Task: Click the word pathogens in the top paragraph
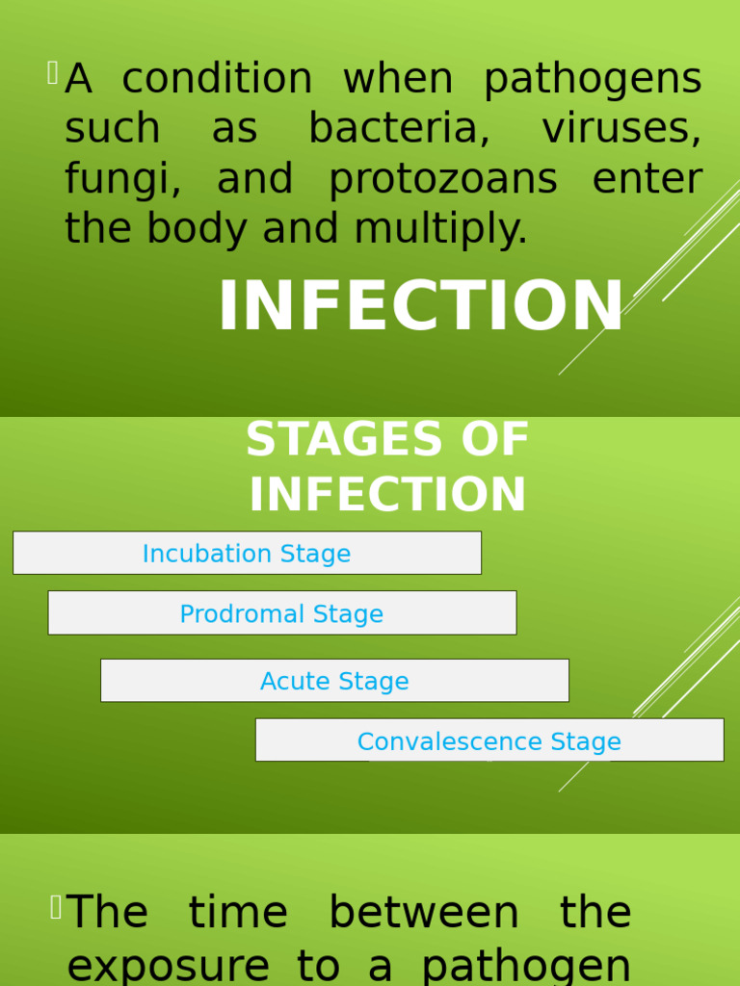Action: click(592, 81)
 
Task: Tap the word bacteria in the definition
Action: click(399, 129)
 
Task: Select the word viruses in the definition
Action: click(621, 129)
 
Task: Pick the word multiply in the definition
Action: click(440, 229)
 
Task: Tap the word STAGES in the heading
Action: click(332, 441)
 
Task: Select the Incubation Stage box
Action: click(247, 554)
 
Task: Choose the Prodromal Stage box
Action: click(281, 613)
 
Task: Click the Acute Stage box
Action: click(334, 681)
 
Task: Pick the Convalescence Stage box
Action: click(489, 740)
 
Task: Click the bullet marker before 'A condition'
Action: click(52, 72)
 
